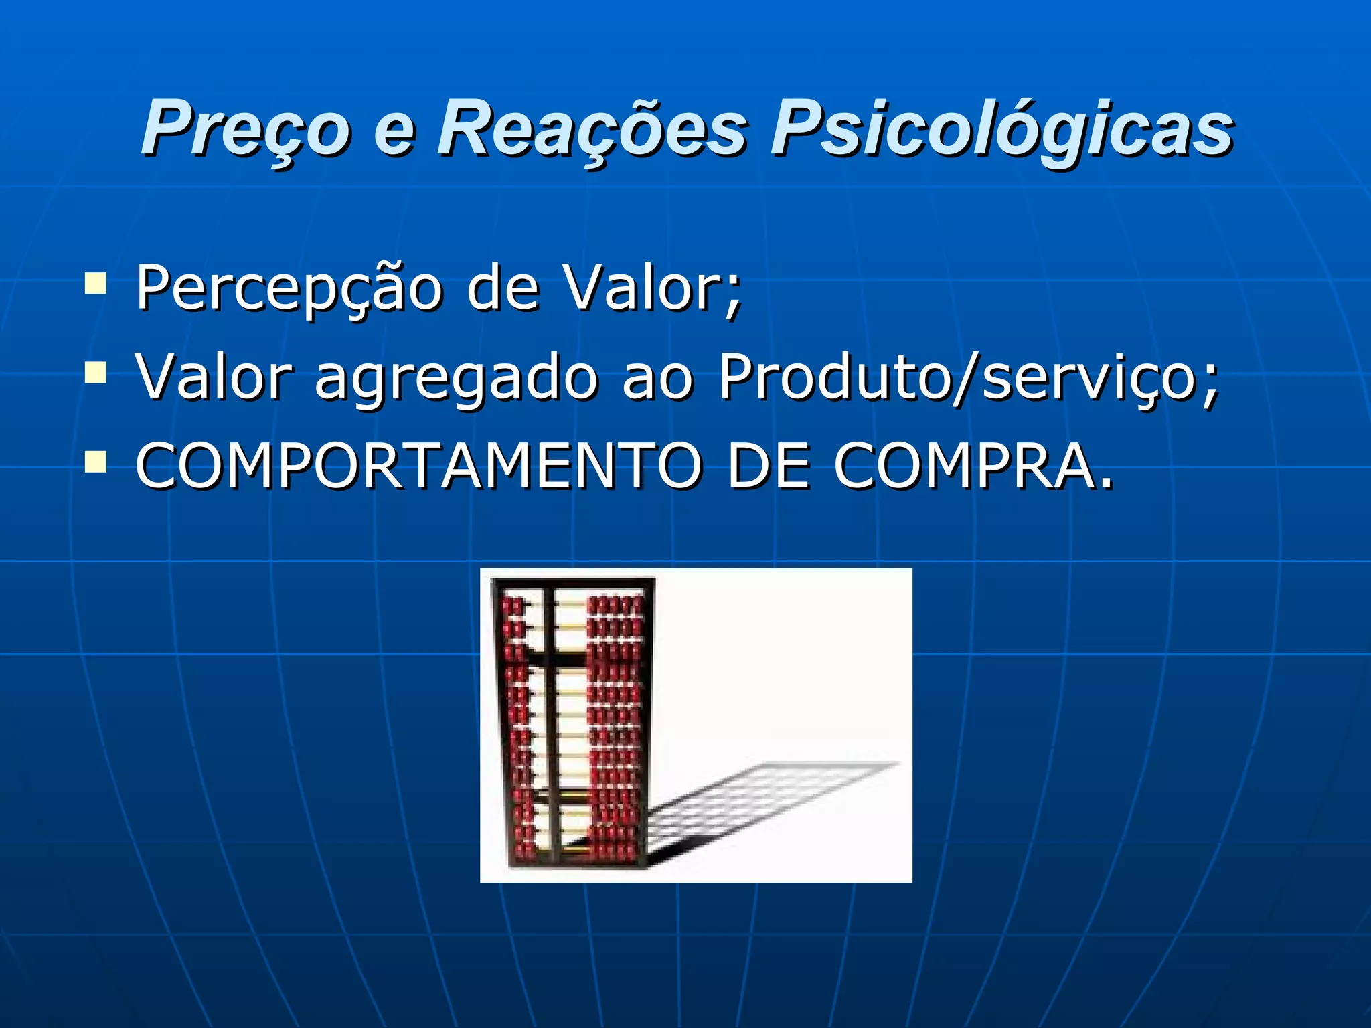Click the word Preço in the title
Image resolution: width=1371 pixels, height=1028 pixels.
pyautogui.click(x=245, y=127)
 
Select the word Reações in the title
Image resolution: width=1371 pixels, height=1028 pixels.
pyautogui.click(x=592, y=127)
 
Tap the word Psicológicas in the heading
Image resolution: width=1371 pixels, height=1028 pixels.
pyautogui.click(x=1001, y=127)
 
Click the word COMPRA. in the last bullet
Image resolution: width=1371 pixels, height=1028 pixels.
pyautogui.click(x=974, y=466)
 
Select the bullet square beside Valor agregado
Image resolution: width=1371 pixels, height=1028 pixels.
pyautogui.click(x=96, y=372)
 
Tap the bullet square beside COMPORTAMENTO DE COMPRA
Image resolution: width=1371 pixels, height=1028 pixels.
pyautogui.click(x=96, y=461)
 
